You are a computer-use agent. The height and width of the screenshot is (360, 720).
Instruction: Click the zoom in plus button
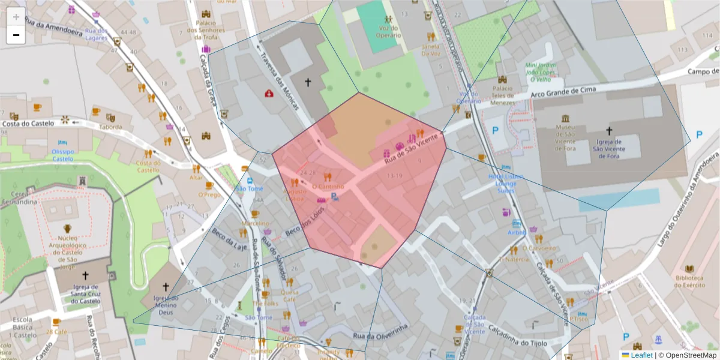click(x=16, y=16)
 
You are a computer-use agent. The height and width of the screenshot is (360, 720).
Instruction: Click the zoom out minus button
click(x=16, y=35)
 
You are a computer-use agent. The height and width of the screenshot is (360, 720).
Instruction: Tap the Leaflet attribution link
click(x=641, y=355)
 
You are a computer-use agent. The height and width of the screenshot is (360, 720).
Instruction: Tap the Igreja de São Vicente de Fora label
click(x=609, y=149)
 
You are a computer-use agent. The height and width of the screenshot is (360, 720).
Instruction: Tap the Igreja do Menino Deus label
click(x=166, y=305)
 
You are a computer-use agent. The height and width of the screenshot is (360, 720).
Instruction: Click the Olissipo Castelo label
click(x=63, y=155)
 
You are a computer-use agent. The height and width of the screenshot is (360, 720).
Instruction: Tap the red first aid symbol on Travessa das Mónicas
click(x=269, y=94)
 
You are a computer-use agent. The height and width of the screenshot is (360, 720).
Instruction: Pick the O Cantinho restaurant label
click(x=328, y=186)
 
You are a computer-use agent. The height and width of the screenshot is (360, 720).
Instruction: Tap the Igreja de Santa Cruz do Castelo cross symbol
click(x=85, y=275)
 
